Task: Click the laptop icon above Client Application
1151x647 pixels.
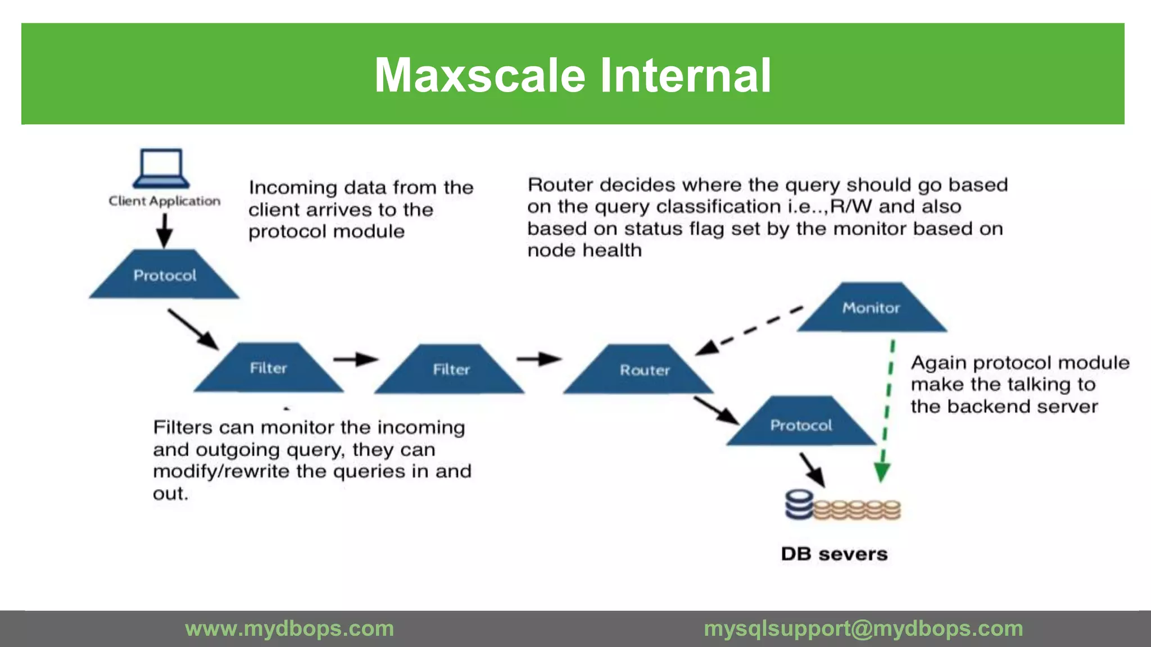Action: (x=161, y=168)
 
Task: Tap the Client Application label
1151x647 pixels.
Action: (x=164, y=201)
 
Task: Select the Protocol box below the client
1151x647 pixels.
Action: (x=164, y=275)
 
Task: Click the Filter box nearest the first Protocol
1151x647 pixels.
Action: (x=268, y=368)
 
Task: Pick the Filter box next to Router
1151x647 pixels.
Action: (x=450, y=369)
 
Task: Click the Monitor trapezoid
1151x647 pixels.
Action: (x=871, y=308)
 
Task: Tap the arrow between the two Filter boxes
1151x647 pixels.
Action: (x=356, y=359)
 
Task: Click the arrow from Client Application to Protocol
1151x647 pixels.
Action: (x=164, y=230)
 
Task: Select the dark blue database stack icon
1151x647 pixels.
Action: (x=799, y=505)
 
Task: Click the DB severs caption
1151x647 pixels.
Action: (x=834, y=554)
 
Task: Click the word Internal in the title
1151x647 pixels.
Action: (x=685, y=75)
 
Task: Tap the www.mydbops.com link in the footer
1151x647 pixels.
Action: (x=289, y=628)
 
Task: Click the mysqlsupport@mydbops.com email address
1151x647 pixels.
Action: (x=863, y=628)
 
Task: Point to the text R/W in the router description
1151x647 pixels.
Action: (x=851, y=207)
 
